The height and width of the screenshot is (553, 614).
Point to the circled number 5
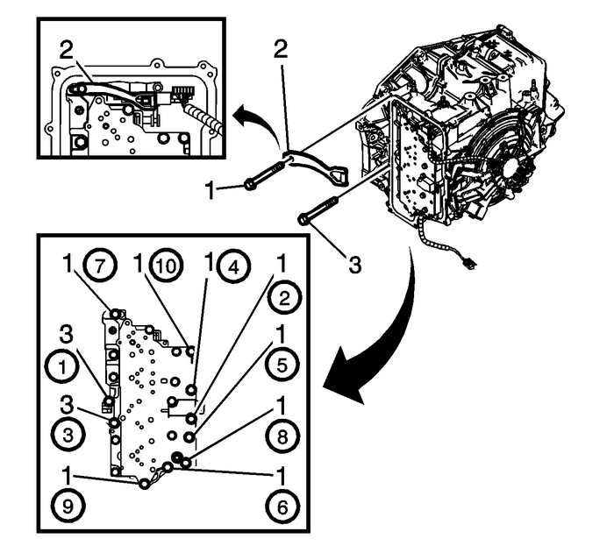click(x=285, y=365)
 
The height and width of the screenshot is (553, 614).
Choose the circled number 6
click(x=285, y=506)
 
